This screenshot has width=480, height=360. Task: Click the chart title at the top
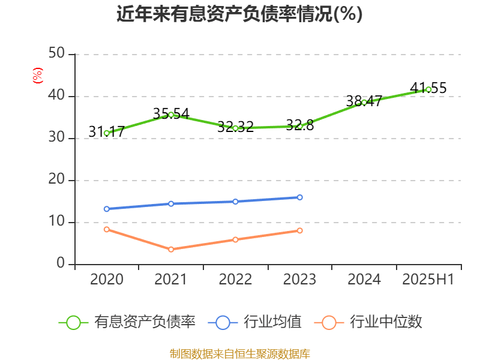click(x=239, y=14)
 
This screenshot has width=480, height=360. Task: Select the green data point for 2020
click(x=107, y=133)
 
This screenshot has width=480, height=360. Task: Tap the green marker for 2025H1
click(x=428, y=89)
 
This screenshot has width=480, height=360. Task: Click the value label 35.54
click(x=171, y=113)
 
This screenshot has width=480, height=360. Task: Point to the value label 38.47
click(x=364, y=101)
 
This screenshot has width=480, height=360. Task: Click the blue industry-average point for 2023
click(x=300, y=197)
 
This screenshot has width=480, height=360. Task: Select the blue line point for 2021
click(x=171, y=203)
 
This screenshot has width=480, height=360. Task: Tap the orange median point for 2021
click(x=171, y=249)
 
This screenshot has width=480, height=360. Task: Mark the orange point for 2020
click(x=107, y=229)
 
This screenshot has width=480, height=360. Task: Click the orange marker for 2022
click(x=235, y=239)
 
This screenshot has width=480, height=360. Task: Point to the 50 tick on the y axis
click(x=58, y=54)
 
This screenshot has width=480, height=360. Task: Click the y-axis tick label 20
click(x=58, y=180)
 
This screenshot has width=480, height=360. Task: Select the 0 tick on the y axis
click(x=61, y=264)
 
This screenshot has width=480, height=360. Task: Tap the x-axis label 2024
click(x=364, y=279)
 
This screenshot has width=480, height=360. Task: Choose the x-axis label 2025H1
click(x=428, y=279)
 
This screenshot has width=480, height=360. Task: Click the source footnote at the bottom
click(x=239, y=353)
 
